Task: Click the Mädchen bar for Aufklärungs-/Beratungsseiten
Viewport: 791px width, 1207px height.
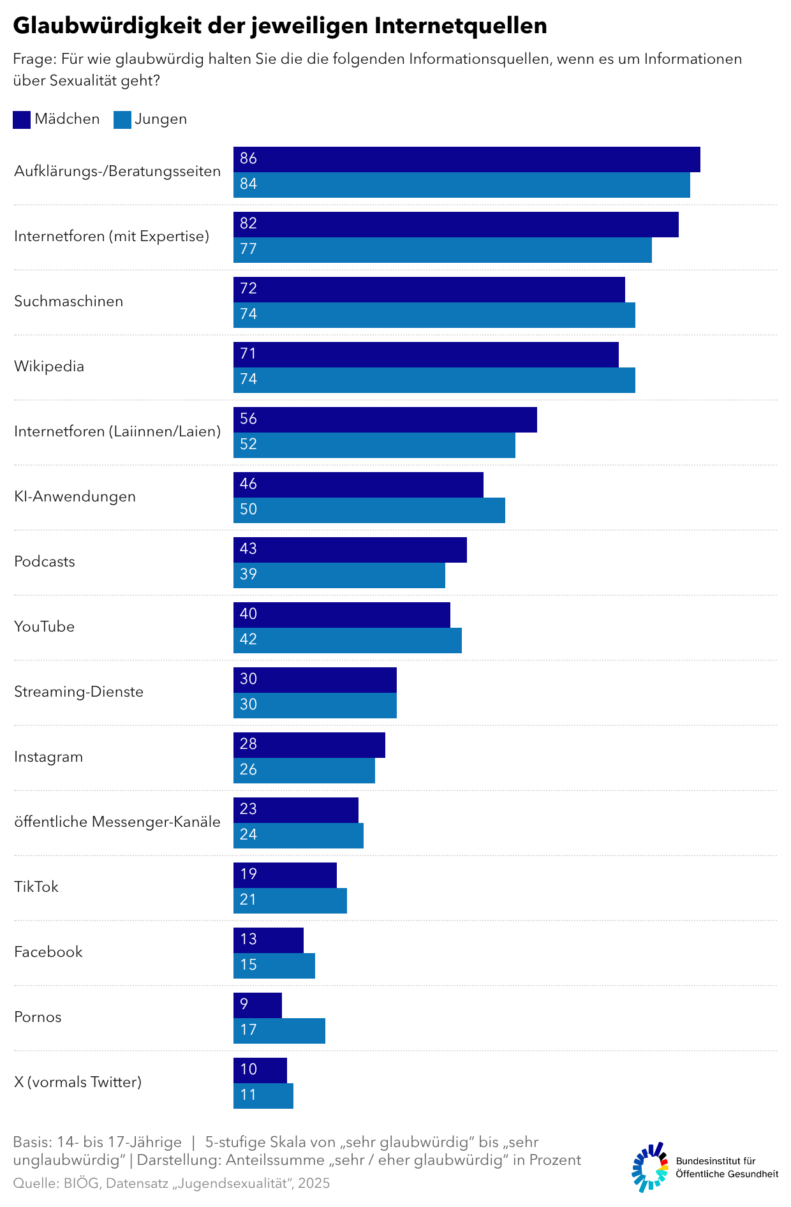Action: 466,159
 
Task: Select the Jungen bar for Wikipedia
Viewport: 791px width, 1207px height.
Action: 434,380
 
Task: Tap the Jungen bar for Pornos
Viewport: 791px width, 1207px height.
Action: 279,1031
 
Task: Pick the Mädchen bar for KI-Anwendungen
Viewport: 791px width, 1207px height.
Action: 358,485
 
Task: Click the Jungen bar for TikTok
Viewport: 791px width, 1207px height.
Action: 290,901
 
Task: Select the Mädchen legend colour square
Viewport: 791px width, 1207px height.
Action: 22,120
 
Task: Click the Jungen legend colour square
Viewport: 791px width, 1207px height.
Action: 122,120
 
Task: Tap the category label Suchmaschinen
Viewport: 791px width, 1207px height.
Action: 68,302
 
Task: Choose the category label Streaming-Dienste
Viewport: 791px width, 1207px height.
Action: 78,692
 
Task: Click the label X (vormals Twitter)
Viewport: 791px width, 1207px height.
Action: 78,1083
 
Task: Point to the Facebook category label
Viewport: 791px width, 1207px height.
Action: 48,952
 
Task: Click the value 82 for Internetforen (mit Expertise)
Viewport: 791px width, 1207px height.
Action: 248,224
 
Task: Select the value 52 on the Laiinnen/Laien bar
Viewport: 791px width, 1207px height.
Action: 248,445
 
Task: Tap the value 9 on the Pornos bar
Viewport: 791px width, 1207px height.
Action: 244,1005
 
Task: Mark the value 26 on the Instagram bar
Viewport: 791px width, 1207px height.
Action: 248,770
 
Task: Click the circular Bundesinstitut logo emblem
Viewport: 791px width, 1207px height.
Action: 650,1167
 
